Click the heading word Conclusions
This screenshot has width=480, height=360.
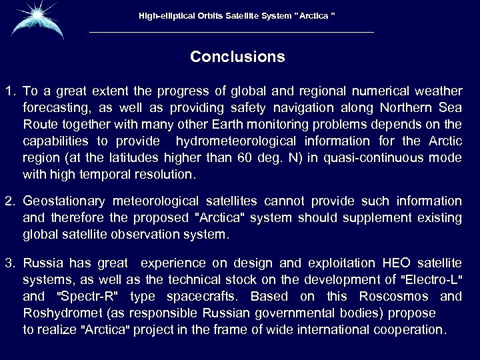[237, 57]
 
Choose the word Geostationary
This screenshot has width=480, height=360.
[63, 201]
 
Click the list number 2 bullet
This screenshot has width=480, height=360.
[9, 201]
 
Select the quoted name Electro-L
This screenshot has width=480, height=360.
[429, 279]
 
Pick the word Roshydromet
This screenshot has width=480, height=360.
[58, 313]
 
